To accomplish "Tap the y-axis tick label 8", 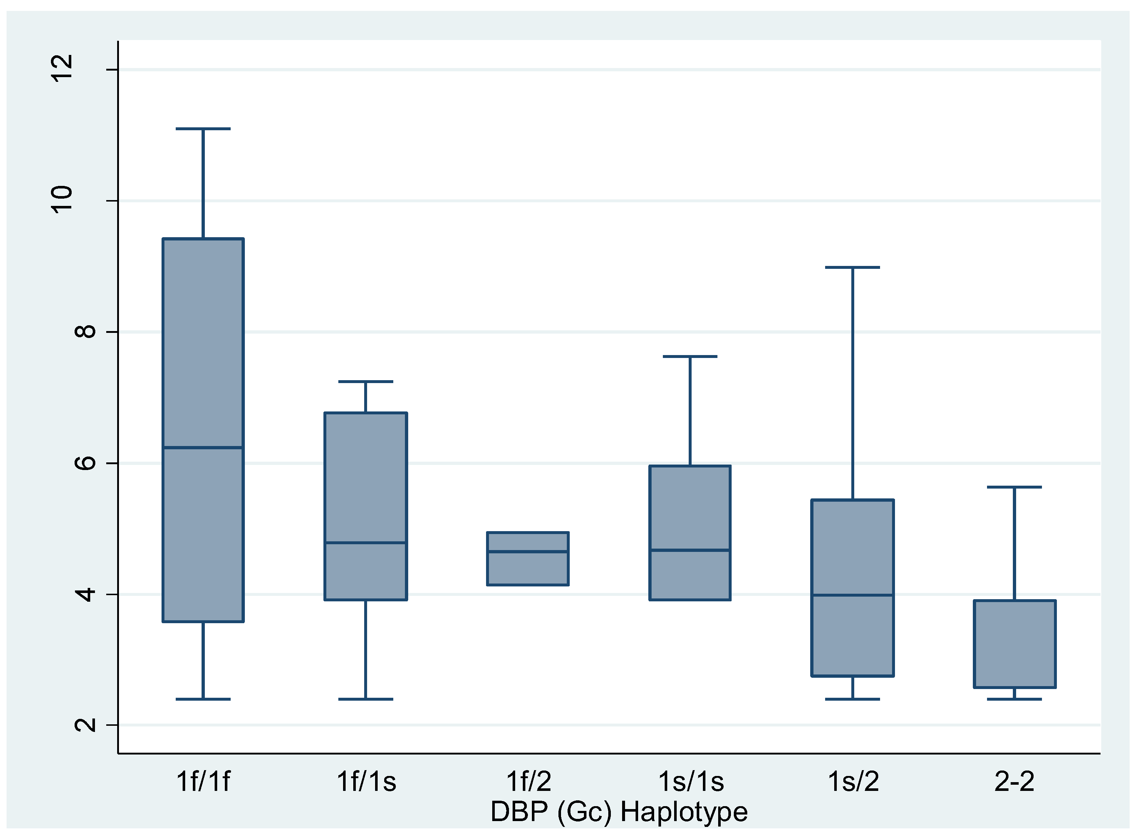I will tap(84, 331).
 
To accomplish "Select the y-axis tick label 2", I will tap(84, 725).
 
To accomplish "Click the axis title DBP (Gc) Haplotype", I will tap(619, 812).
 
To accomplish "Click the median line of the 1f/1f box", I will tap(203, 447).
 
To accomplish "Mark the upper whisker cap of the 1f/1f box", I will tap(203, 129).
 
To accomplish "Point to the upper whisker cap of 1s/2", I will tap(853, 267).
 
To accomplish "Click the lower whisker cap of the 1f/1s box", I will tap(366, 699).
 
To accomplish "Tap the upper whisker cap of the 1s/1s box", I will tap(690, 357).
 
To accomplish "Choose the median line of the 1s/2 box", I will tap(853, 595).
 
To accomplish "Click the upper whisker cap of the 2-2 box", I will tap(1014, 487).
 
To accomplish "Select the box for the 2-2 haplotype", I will tap(1014, 644).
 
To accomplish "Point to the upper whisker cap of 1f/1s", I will tap(366, 381).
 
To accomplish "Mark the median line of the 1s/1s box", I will tap(690, 550).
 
